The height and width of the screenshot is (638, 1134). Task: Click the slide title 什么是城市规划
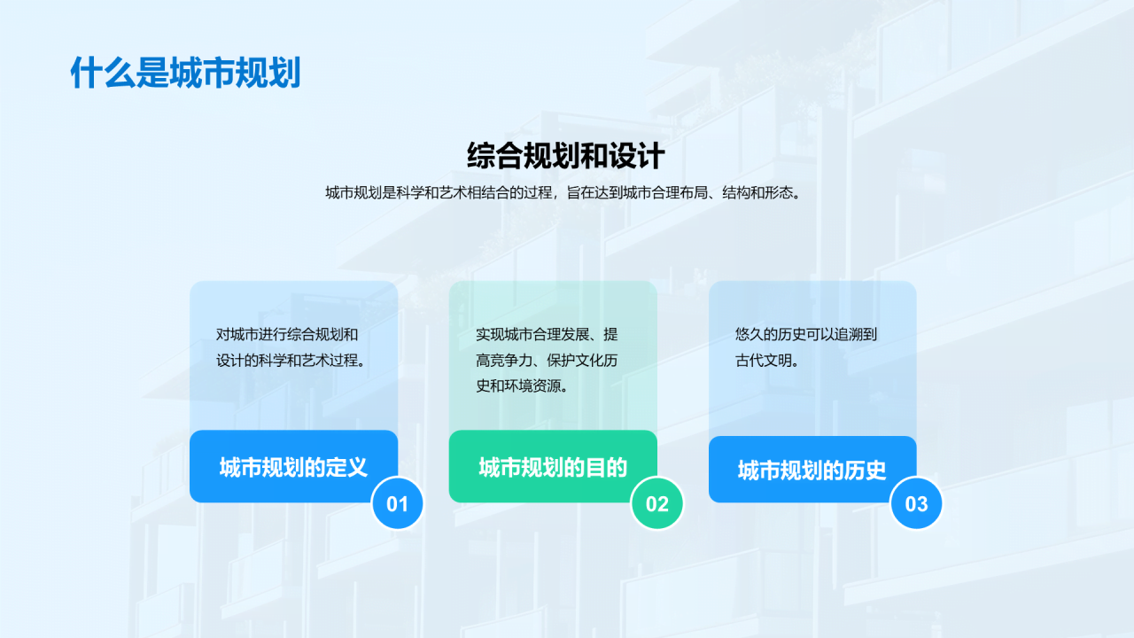coord(185,73)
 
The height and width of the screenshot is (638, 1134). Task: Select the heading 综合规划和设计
coord(565,156)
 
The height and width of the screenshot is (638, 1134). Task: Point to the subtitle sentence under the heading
coord(565,193)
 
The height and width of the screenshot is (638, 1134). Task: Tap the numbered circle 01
coord(397,504)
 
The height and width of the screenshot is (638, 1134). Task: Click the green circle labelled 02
coord(656,504)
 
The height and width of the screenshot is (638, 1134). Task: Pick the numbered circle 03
coord(916,504)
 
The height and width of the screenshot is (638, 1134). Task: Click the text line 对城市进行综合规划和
coord(287,335)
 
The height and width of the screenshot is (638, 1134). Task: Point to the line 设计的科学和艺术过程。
coord(292,361)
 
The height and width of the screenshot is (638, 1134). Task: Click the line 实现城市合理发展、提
coord(547,335)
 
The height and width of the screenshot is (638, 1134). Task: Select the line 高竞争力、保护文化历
coord(547,361)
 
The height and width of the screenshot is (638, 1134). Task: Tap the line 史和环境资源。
coord(522,386)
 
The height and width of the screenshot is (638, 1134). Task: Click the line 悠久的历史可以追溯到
coord(806,335)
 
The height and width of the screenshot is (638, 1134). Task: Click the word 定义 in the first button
coord(346,467)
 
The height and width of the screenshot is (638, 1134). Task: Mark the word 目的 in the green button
coord(606,467)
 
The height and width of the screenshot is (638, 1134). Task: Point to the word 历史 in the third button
coord(866,471)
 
